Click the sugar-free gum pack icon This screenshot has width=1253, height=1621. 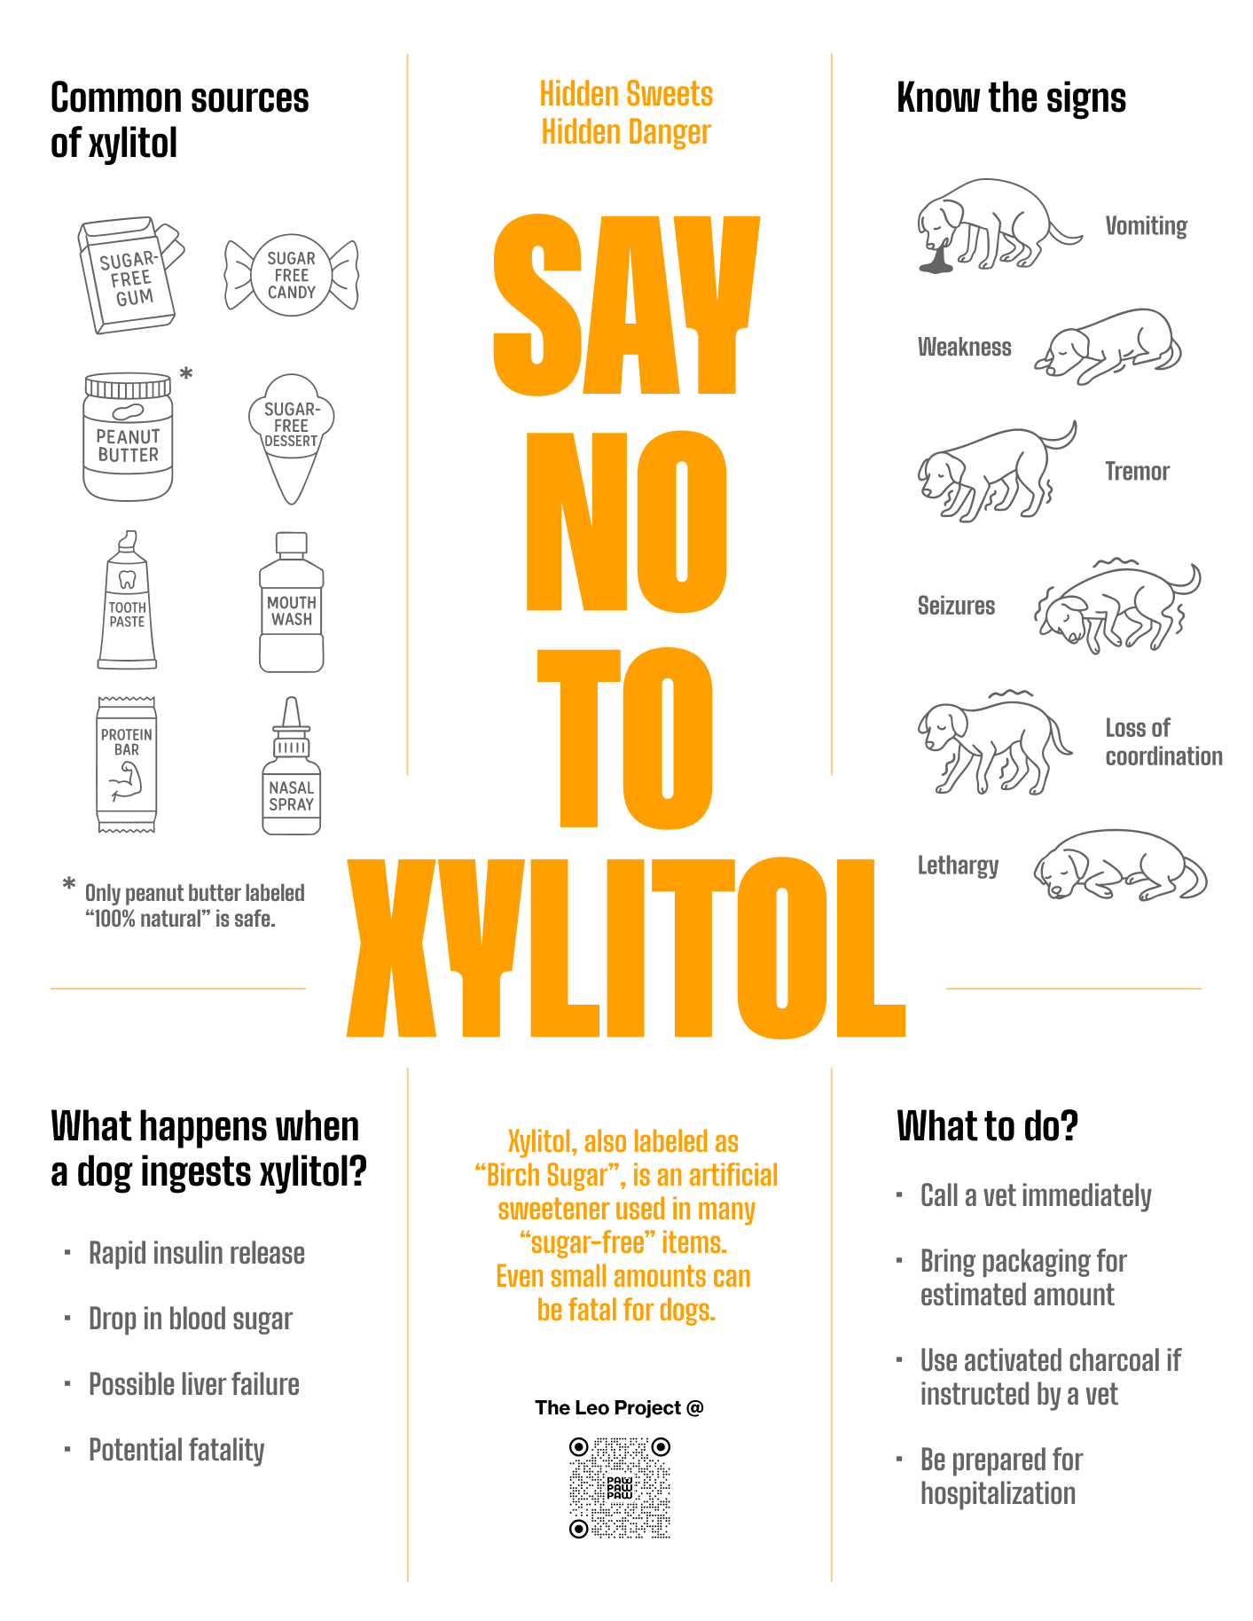pos(129,276)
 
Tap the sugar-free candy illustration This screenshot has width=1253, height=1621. pos(291,275)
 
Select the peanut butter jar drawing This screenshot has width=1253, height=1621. pos(128,437)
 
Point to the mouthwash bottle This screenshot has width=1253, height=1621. pos(291,603)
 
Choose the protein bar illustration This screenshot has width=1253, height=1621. pos(127,764)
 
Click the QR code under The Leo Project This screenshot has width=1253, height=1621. pos(619,1488)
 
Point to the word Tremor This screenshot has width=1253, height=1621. pos(1137,472)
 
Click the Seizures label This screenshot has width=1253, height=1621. pos(956,607)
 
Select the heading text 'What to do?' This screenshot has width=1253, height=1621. pos(987,1126)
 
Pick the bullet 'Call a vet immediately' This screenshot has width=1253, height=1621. pos(1035,1195)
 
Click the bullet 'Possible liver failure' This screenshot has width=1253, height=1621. pos(193,1384)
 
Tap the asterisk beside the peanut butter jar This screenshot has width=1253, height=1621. pos(186,374)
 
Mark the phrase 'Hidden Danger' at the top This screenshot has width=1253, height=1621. pos(626,132)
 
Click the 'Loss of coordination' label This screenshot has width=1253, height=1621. pos(1163,742)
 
